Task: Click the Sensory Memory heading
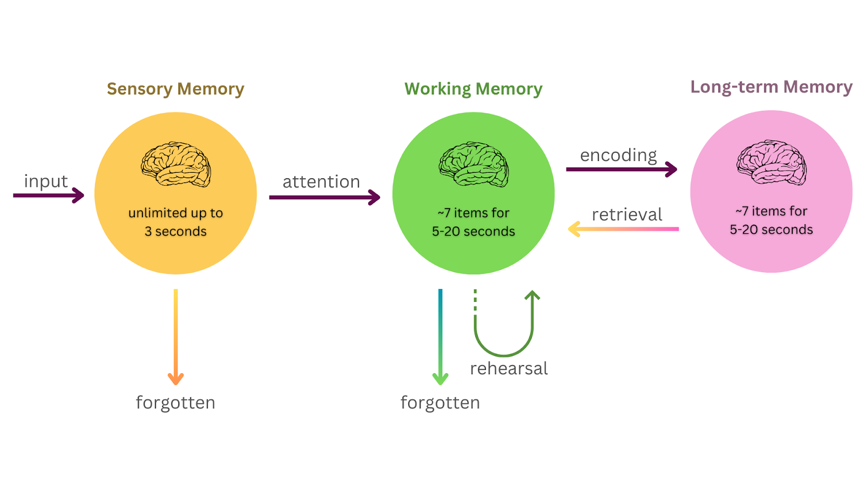175,89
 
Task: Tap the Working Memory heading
474,89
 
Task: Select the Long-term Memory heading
771,87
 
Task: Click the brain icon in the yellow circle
176,164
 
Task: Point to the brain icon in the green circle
474,164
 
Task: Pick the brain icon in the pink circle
772,163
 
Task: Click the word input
46,181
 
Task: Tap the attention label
321,181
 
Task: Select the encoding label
618,155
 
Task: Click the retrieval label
627,214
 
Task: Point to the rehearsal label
509,368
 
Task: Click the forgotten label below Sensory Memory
175,402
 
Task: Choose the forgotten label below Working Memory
440,402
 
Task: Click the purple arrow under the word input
49,195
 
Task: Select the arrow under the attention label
325,197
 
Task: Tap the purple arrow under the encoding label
622,169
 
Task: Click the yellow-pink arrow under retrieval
624,229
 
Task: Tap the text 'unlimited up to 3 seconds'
175,222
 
